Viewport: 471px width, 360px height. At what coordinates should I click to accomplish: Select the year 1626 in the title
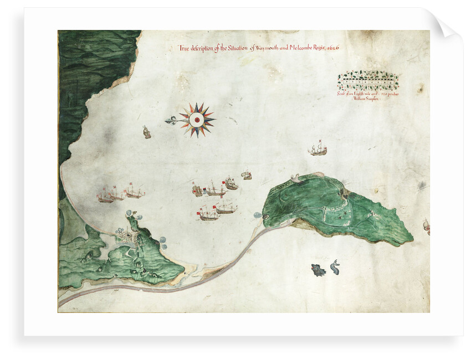point(332,48)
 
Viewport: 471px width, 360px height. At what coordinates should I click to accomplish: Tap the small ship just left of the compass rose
point(147,132)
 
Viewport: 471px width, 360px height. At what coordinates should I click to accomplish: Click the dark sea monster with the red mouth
point(318,270)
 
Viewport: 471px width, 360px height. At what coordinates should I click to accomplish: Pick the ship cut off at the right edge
point(426,225)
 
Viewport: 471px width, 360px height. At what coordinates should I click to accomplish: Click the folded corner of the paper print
point(447,24)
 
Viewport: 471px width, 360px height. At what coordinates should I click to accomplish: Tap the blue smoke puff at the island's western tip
point(258,215)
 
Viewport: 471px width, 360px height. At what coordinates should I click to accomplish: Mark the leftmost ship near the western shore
point(105,195)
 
